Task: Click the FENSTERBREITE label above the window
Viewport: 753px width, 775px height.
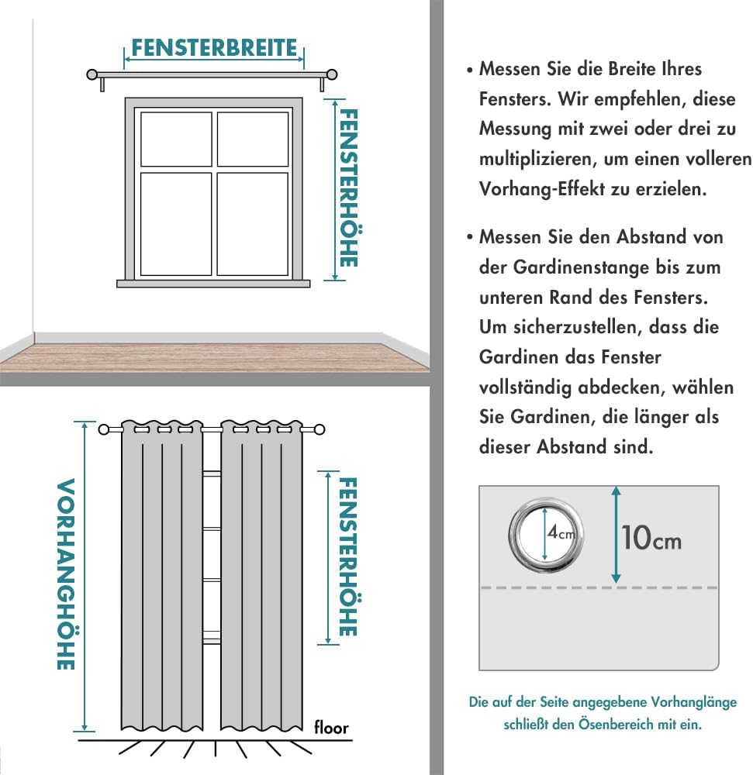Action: (x=214, y=48)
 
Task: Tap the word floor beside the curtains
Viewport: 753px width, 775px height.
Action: (x=331, y=728)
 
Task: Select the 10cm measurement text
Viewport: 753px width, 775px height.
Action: (x=651, y=538)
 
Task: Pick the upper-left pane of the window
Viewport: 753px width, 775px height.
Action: (x=176, y=139)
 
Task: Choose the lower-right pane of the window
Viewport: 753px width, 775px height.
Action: (x=253, y=224)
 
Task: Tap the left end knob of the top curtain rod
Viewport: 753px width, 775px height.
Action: (x=92, y=75)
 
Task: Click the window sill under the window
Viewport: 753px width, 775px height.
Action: (x=213, y=284)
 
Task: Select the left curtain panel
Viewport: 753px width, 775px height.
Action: (x=161, y=581)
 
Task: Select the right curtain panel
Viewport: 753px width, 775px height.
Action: (x=261, y=581)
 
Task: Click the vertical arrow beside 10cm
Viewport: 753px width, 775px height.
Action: (x=616, y=535)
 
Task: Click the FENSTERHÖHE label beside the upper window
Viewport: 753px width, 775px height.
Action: (x=348, y=188)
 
